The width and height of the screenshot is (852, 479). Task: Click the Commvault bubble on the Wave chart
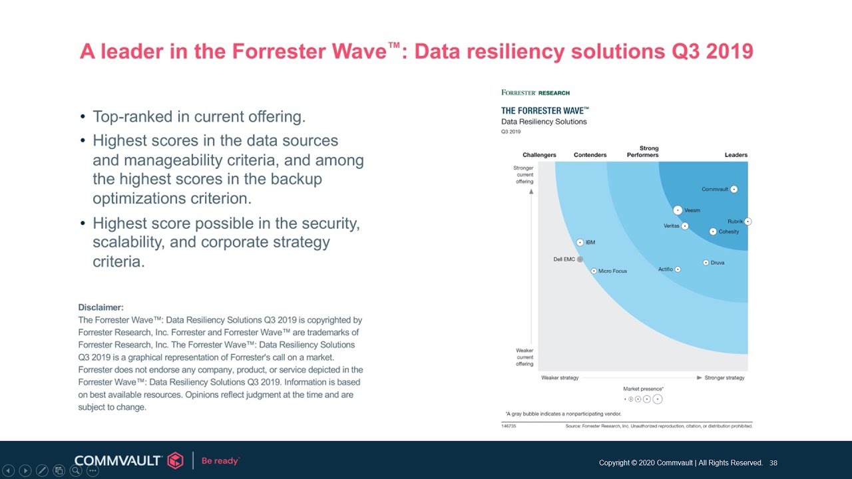pos(734,189)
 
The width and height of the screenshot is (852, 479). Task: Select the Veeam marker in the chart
pos(678,210)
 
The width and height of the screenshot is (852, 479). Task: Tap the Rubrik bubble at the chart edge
pos(747,222)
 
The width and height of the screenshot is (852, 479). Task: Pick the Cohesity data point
pos(713,232)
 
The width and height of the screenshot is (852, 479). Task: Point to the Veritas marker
pos(685,226)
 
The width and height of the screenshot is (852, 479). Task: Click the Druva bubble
pos(706,263)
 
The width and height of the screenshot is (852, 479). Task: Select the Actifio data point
pos(678,269)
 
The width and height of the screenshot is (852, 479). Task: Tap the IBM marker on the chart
pos(580,243)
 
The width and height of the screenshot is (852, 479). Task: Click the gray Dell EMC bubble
pos(580,259)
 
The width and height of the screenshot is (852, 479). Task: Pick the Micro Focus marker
pos(594,271)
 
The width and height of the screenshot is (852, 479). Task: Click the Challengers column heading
pos(539,155)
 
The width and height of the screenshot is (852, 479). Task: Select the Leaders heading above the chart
pos(736,155)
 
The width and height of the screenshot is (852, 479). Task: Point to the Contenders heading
pos(590,155)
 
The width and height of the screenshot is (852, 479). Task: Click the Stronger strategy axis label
pos(724,378)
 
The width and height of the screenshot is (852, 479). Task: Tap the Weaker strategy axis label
pos(560,378)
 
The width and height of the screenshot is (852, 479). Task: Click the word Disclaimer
pos(101,307)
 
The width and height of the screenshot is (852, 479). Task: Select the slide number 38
pos(773,463)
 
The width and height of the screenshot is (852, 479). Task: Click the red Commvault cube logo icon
pos(175,460)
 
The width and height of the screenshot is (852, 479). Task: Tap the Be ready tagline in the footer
pos(220,460)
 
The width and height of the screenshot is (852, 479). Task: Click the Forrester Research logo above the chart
pos(535,93)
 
